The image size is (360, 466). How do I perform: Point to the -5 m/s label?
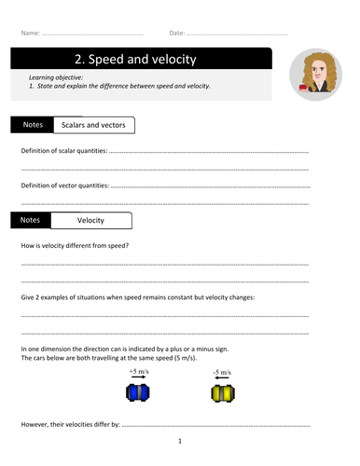coord(220,370)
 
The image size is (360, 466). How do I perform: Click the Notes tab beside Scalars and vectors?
coord(31,124)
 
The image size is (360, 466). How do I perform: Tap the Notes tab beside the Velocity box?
coord(31,220)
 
